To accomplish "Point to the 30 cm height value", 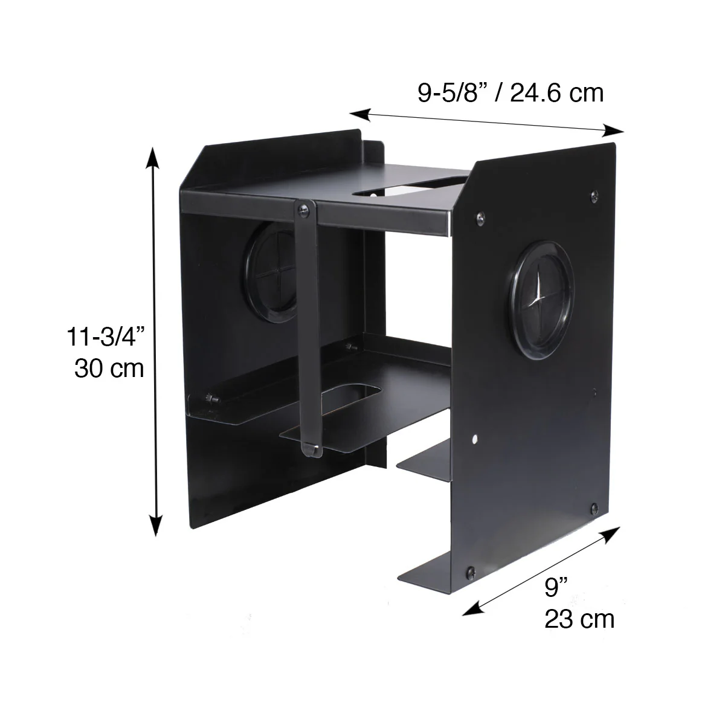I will click(109, 368).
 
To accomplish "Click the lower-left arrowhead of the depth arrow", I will click(469, 610).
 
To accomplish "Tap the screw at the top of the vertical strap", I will click(304, 209).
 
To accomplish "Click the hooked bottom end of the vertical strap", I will click(312, 448).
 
